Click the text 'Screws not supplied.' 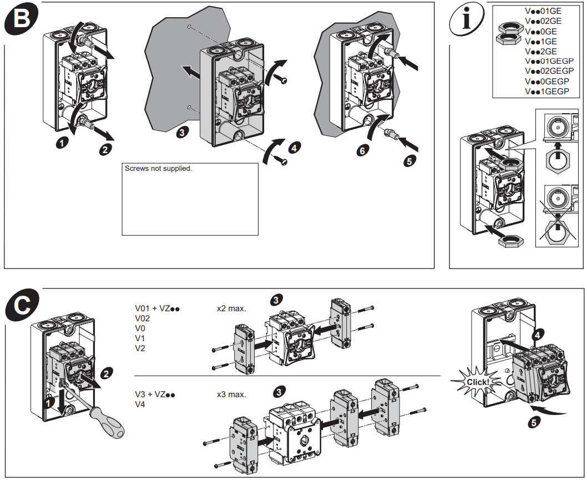159,169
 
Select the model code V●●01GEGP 549,61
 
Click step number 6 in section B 362,150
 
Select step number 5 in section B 409,162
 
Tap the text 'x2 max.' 231,308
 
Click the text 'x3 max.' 231,394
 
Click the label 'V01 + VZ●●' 159,308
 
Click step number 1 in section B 63,143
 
